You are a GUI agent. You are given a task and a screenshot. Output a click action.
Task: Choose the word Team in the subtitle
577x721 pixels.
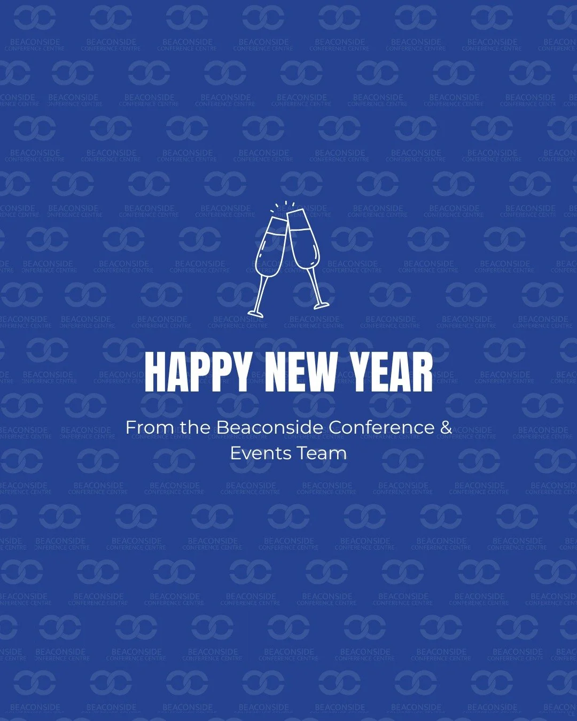[322, 453]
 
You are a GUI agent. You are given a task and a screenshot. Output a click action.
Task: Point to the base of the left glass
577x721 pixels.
[255, 312]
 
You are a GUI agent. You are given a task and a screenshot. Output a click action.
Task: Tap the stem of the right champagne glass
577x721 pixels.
[314, 286]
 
